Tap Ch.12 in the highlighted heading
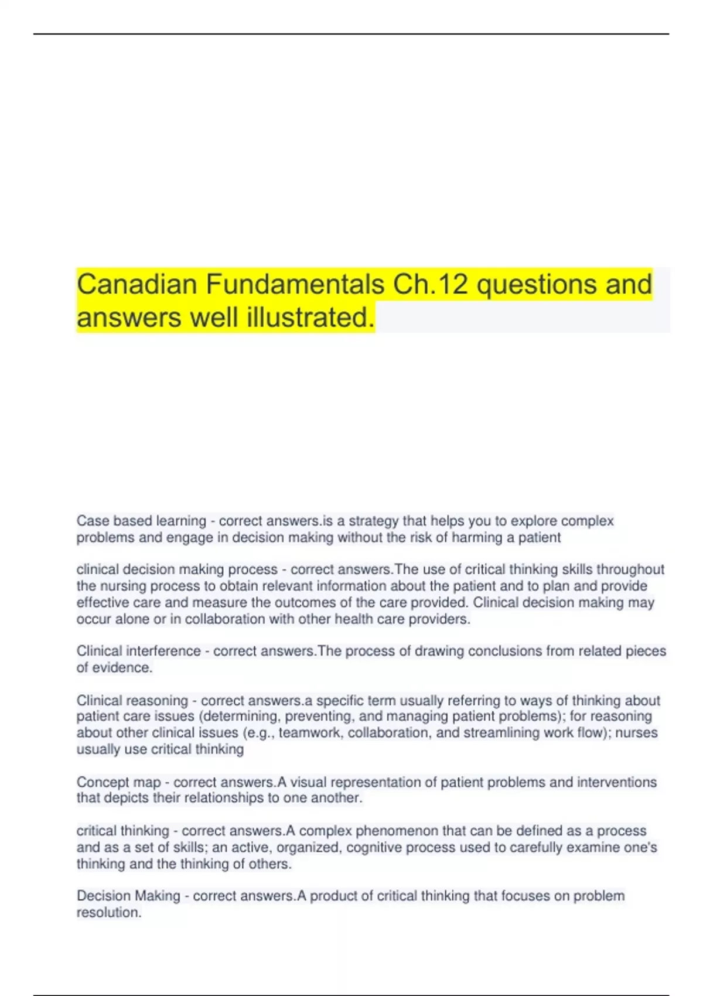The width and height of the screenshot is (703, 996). [431, 285]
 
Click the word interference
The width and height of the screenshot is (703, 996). [163, 651]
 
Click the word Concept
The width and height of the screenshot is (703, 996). [100, 782]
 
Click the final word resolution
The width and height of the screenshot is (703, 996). [108, 912]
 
